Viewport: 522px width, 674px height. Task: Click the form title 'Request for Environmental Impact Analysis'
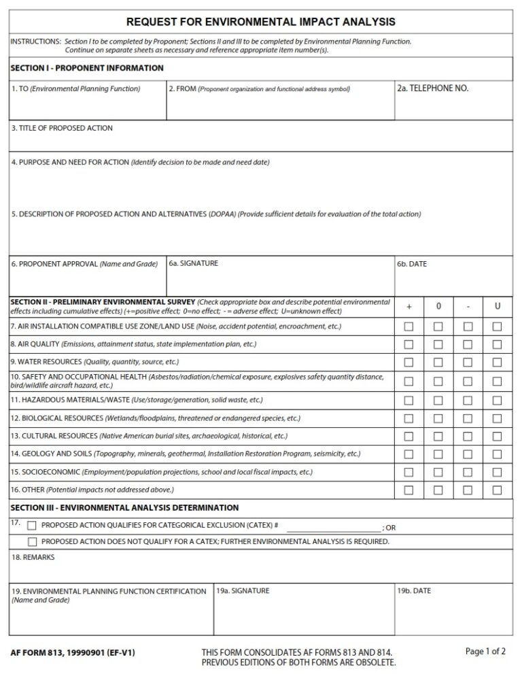[260, 22]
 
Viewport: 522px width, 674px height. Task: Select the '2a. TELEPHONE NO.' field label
[432, 88]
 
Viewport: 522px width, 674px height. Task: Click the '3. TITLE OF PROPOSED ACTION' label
[62, 128]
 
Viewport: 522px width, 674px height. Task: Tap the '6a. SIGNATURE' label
[193, 263]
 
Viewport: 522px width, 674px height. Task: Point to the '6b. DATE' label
[412, 264]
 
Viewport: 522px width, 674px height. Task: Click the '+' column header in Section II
[408, 307]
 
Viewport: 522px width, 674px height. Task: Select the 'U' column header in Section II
[498, 307]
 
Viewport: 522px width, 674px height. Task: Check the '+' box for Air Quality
[408, 345]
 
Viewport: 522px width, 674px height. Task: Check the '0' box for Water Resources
[438, 363]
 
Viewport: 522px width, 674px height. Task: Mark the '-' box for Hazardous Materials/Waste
[468, 401]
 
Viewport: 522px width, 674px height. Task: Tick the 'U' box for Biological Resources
[498, 418]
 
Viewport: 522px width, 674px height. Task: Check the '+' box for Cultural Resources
[408, 436]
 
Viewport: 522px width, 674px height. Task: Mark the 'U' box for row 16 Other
[498, 490]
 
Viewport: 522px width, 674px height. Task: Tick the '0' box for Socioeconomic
[438, 472]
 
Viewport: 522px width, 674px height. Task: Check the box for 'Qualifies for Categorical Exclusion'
[32, 525]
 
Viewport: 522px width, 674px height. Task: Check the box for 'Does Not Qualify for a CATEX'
[32, 542]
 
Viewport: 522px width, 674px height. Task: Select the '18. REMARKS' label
[33, 558]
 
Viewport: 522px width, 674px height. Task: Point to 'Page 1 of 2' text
[485, 652]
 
